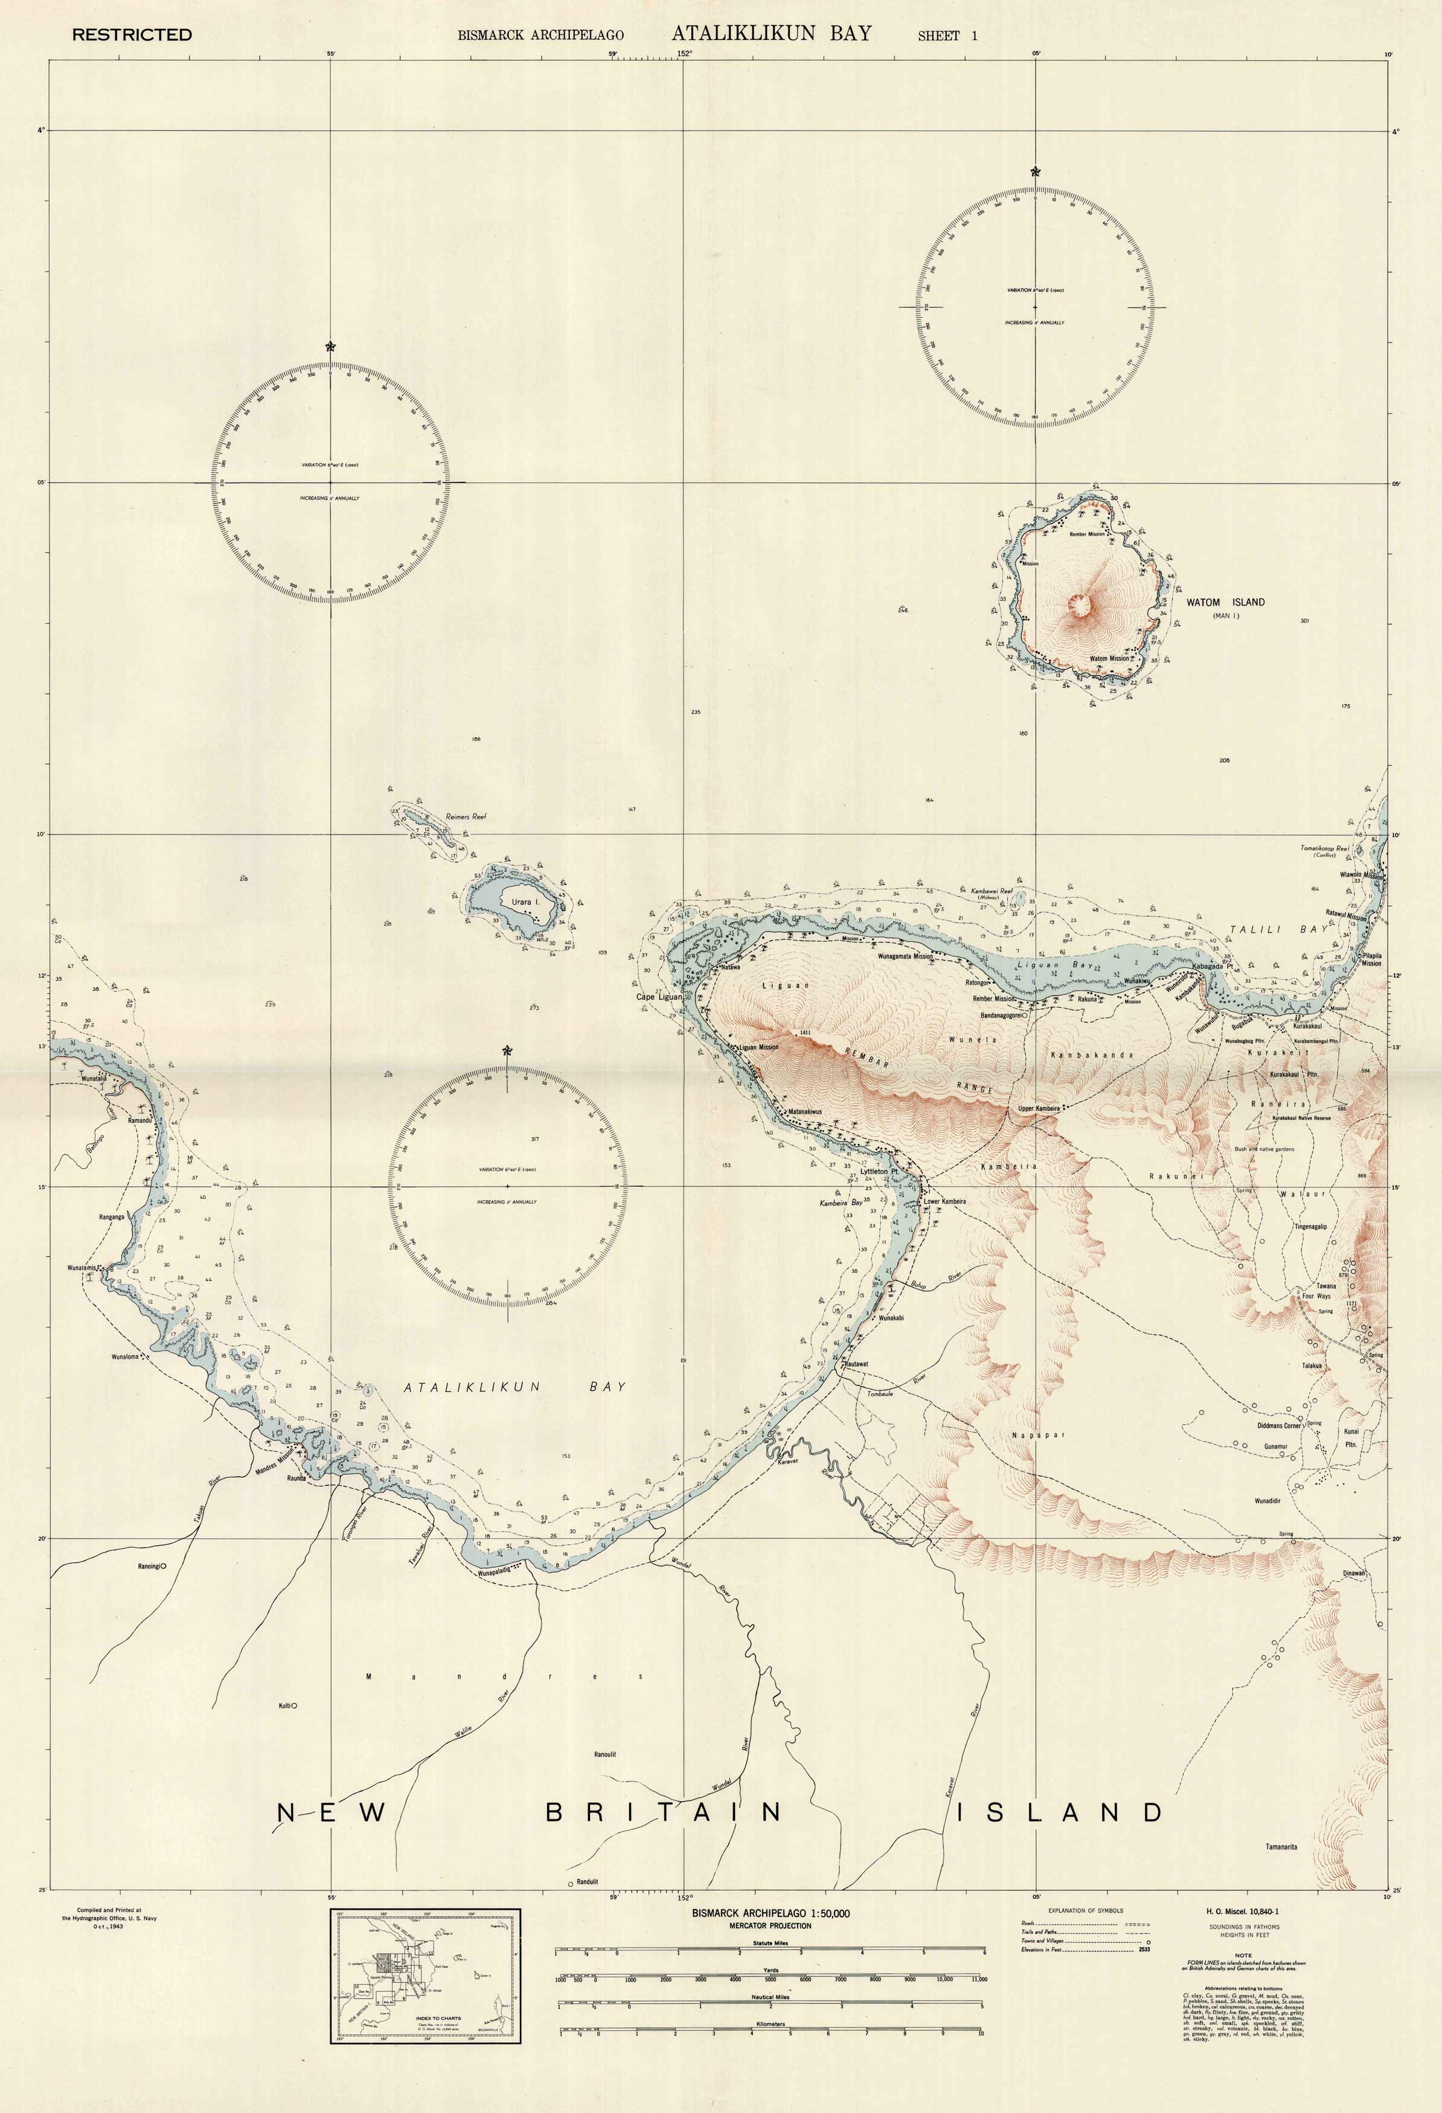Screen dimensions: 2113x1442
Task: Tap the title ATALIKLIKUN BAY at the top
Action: point(771,34)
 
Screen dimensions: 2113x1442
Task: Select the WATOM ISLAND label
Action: point(1225,602)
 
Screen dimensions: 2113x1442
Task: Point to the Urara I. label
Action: point(525,903)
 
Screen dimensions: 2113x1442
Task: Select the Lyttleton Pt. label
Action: point(879,1172)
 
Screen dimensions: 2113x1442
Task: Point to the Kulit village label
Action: point(284,1705)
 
